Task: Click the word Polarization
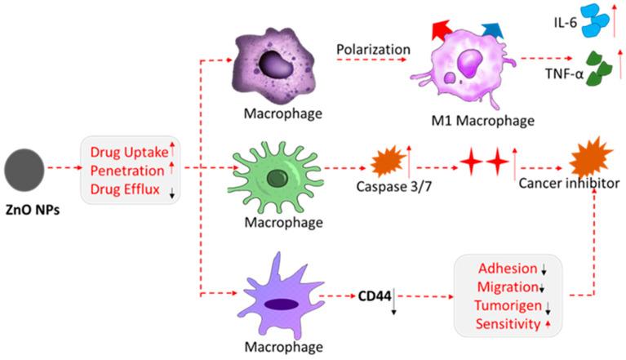pyautogui.click(x=373, y=50)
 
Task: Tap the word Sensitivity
pyautogui.click(x=508, y=324)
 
